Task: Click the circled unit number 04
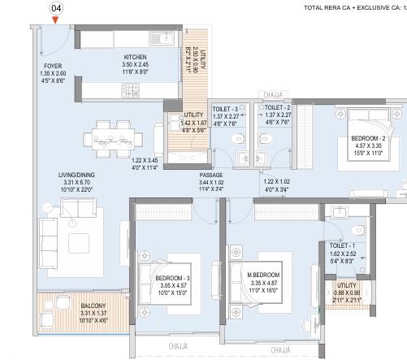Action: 55,9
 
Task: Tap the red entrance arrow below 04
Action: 55,21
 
